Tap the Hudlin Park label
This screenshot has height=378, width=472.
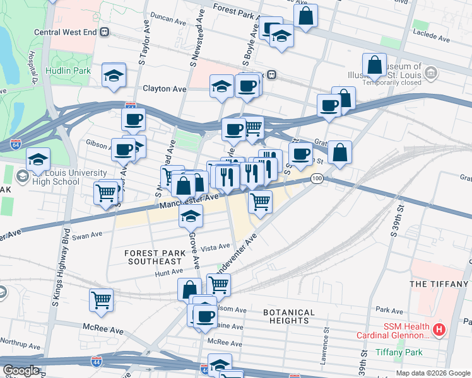click(x=70, y=71)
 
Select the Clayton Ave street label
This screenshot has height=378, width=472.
click(x=165, y=89)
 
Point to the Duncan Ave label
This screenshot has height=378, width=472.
click(x=168, y=20)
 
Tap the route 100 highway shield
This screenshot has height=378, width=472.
click(x=317, y=180)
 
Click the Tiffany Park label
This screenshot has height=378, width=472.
click(x=399, y=352)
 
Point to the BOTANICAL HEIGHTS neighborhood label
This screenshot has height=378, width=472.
click(x=288, y=316)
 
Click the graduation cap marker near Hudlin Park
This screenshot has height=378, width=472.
click(x=114, y=77)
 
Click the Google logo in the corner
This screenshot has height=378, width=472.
click(x=21, y=370)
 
